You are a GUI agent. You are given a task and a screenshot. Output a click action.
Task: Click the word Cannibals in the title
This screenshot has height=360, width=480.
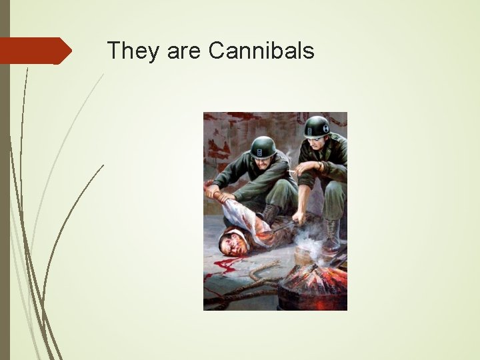(261, 50)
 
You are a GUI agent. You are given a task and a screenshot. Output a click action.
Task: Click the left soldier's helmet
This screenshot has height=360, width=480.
(263, 146)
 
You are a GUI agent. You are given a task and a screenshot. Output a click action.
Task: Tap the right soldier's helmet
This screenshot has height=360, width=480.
(317, 126)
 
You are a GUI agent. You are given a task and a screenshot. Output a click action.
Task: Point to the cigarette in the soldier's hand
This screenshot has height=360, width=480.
(291, 172)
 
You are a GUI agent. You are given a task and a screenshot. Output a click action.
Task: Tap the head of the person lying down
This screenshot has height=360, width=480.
(234, 241)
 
